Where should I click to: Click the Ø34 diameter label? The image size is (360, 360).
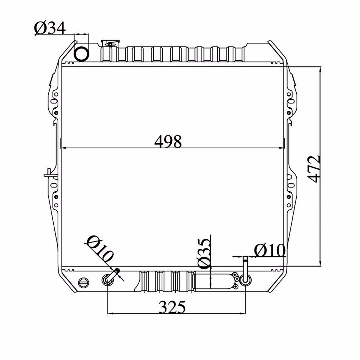[x=50, y=28]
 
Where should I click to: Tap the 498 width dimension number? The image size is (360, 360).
[x=168, y=141]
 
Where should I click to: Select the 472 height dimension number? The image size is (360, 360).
[x=314, y=169]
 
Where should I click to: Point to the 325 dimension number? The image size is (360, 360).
[x=172, y=307]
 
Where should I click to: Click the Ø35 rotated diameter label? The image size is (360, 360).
[x=204, y=254]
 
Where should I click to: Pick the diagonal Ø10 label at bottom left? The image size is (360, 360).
[x=100, y=249]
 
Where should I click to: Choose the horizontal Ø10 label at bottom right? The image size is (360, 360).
[x=270, y=250]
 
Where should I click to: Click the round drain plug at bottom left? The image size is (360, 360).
[x=84, y=282]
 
